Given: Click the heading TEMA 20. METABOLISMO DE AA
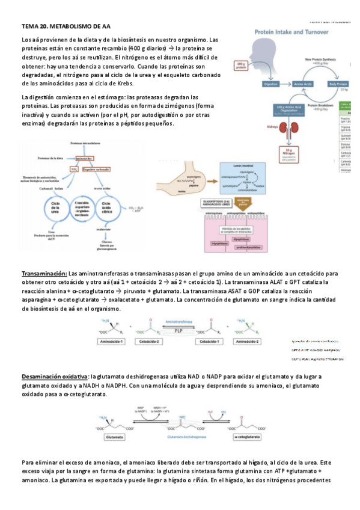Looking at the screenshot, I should coord(66,27).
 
